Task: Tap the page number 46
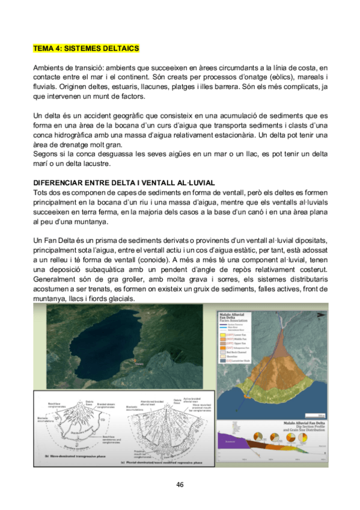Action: [180, 484]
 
